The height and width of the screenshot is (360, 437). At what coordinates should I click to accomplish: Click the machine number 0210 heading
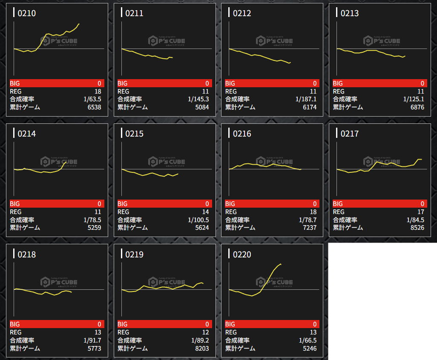(26, 13)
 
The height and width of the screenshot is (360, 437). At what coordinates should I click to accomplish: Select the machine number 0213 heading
(349, 13)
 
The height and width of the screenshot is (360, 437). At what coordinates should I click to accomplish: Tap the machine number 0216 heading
(241, 134)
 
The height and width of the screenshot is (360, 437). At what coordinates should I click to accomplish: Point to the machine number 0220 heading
(241, 254)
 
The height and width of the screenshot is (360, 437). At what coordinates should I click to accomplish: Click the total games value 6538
(94, 107)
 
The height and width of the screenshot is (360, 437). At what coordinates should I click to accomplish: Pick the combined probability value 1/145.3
(198, 99)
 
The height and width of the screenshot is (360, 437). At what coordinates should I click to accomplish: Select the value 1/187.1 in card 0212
(306, 99)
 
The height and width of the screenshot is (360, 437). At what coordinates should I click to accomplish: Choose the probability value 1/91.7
(92, 340)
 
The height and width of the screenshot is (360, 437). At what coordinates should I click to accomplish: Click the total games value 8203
(202, 349)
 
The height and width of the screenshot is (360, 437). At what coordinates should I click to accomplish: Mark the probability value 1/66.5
(308, 340)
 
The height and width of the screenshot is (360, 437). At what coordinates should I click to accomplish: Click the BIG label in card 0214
(15, 204)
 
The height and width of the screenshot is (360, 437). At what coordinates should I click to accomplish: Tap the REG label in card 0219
(123, 332)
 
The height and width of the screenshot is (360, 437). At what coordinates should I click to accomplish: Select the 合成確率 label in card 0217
(345, 220)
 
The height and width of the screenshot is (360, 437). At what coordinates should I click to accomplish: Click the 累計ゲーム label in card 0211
(132, 107)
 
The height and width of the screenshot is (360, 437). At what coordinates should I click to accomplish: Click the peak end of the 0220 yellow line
(281, 264)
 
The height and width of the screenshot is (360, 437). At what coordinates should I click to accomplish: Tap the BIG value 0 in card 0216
(315, 204)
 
